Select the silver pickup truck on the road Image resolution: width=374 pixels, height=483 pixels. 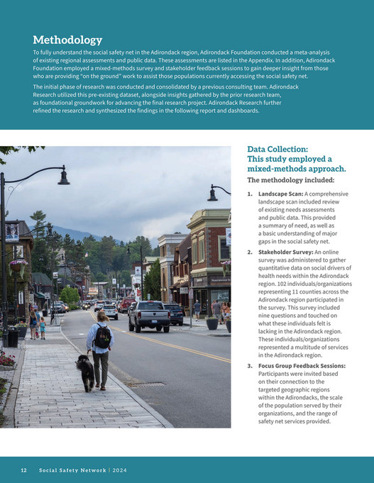click(150, 315)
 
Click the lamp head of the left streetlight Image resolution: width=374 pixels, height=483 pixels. click(64, 178)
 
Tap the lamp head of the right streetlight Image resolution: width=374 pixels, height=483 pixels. click(212, 194)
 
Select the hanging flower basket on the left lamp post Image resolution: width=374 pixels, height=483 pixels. click(18, 266)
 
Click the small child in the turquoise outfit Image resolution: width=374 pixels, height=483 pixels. click(43, 327)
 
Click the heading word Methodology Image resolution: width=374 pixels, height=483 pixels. click(67, 40)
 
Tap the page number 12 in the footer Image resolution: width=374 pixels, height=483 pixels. click(23, 470)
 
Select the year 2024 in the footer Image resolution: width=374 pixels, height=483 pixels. click(119, 470)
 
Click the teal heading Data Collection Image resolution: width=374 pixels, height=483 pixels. click(277, 150)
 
